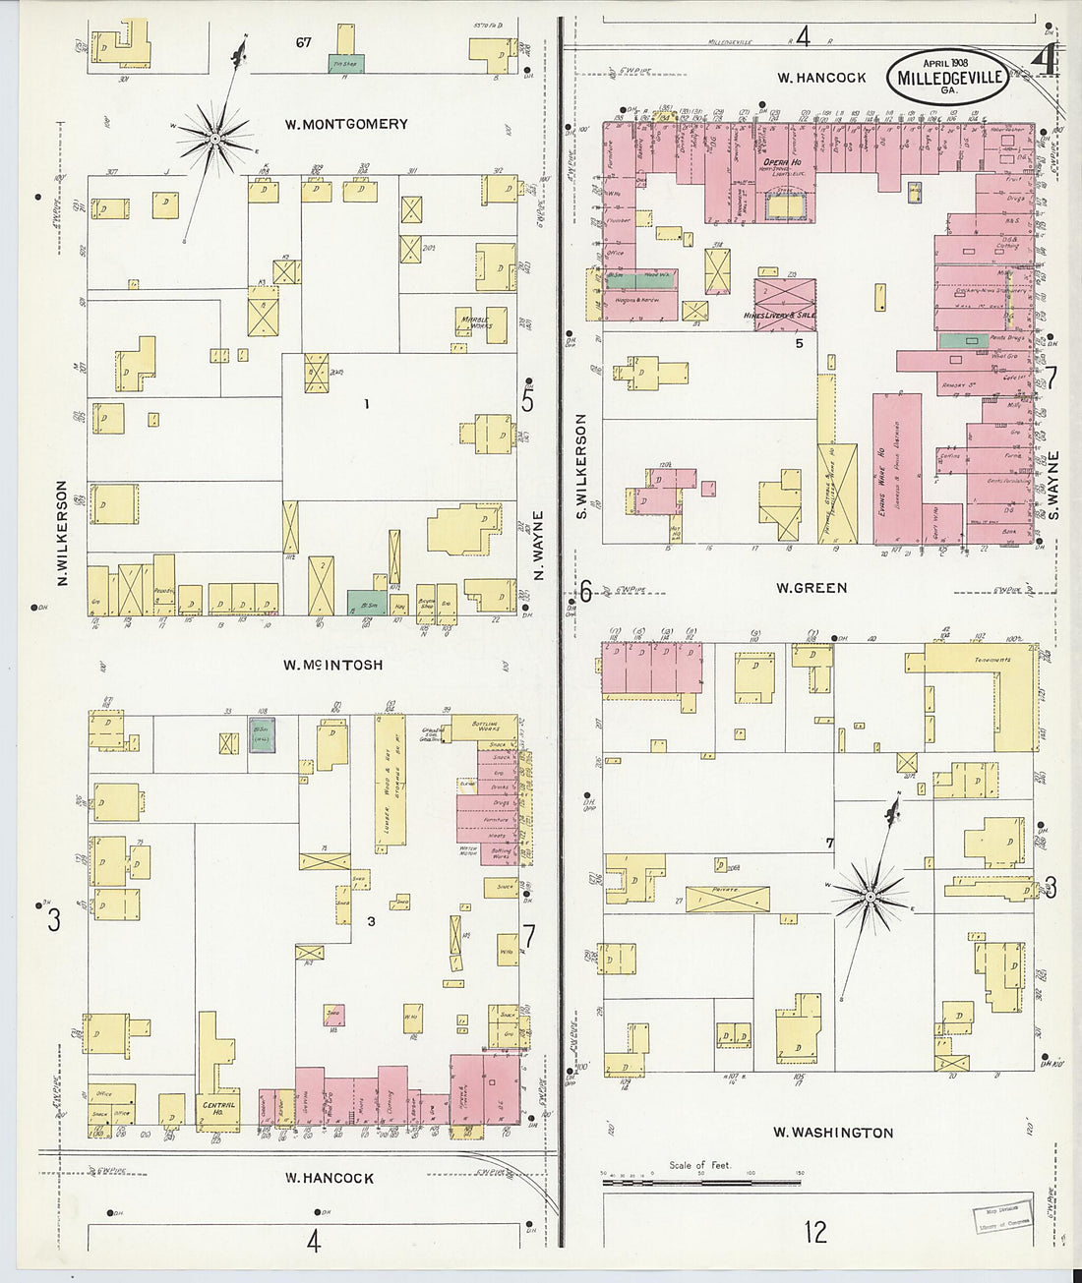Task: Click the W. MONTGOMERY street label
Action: click(x=345, y=124)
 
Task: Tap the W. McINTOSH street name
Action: click(x=333, y=665)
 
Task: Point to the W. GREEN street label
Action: click(x=811, y=588)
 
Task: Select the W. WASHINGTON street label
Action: click(x=833, y=1133)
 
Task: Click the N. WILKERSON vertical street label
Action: click(x=61, y=535)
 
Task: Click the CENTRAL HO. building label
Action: click(x=219, y=1108)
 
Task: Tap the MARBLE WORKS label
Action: click(x=475, y=321)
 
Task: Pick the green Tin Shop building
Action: click(x=345, y=63)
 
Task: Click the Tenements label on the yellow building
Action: click(x=992, y=660)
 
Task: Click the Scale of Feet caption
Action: click(x=699, y=1165)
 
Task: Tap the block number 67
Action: click(x=303, y=42)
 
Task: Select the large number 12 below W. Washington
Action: click(x=815, y=1232)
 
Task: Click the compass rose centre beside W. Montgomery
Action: click(x=214, y=140)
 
